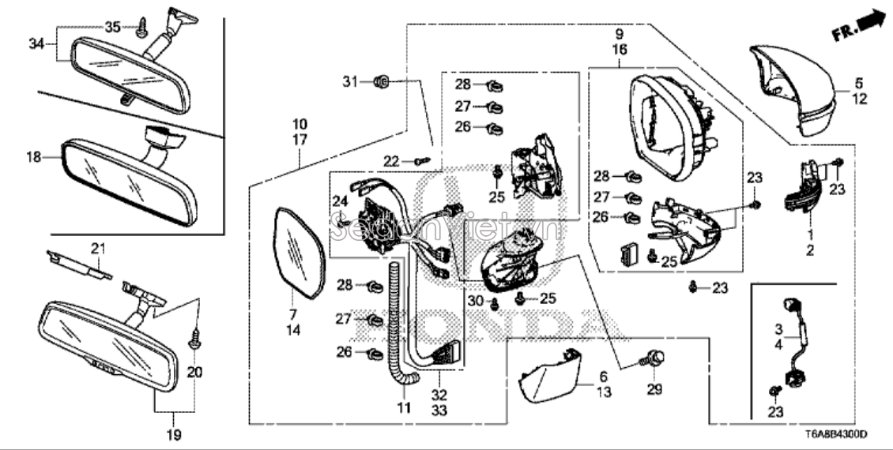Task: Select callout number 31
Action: (x=350, y=81)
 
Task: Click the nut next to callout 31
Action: (x=379, y=81)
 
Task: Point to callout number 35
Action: (x=112, y=27)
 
